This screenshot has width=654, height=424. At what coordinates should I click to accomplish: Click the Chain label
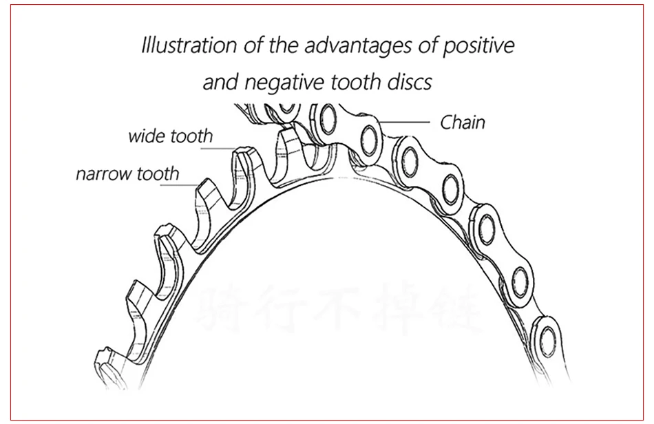463,123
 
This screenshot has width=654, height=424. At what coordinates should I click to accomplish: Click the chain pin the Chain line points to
368,140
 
